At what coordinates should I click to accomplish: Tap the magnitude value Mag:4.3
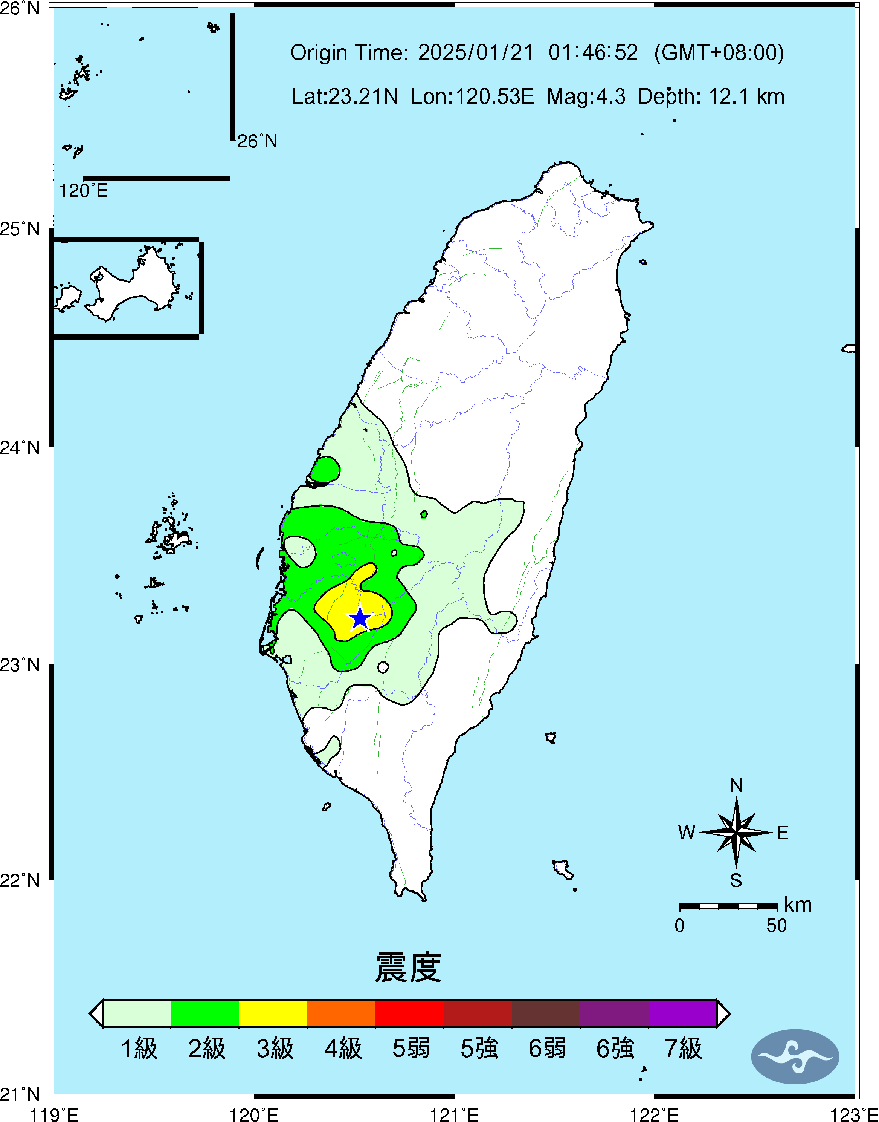coord(586,96)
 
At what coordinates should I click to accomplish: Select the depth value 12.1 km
coord(746,96)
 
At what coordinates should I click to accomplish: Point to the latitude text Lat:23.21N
coord(345,96)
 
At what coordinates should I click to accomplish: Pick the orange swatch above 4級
coord(341,1013)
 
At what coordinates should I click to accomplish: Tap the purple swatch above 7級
coord(682,1013)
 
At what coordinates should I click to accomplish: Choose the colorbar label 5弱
coord(411,1049)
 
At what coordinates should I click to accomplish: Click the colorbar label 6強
coord(615,1049)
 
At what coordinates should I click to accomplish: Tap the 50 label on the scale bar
coord(776,926)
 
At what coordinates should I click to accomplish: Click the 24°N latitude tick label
coord(20,447)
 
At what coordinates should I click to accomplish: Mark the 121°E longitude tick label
coord(454,1114)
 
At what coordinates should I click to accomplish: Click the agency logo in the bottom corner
coord(795,1056)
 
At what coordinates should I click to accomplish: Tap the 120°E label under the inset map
coord(83,191)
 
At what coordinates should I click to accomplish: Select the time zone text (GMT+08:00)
coord(719,52)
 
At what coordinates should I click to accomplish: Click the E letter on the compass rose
coord(783,833)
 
